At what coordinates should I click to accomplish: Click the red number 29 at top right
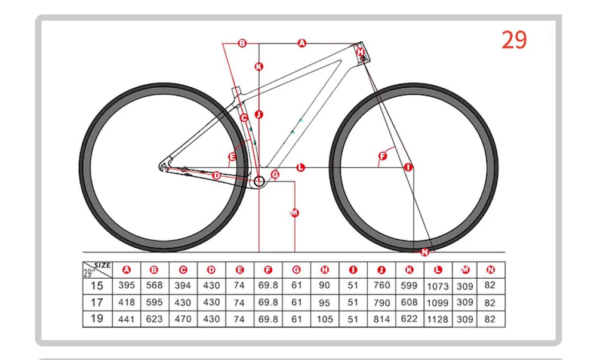514,39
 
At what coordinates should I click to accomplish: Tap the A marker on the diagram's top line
301,43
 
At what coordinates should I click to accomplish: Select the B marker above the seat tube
242,43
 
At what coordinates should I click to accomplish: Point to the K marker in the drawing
259,67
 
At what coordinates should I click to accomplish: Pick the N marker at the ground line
424,252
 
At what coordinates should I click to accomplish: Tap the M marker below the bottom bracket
294,213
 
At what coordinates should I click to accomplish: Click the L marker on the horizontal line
301,168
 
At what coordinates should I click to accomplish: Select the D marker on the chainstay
217,175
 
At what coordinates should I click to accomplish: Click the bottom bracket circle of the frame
260,181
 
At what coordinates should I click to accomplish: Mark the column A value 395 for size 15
126,285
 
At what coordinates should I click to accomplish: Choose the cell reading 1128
438,319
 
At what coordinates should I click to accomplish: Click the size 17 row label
97,302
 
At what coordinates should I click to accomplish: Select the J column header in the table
381,270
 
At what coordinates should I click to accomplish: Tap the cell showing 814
381,319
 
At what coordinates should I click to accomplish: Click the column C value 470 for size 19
183,319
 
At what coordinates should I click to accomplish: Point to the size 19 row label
97,318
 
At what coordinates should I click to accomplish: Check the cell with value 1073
438,286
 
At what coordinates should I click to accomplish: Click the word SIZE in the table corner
103,264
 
